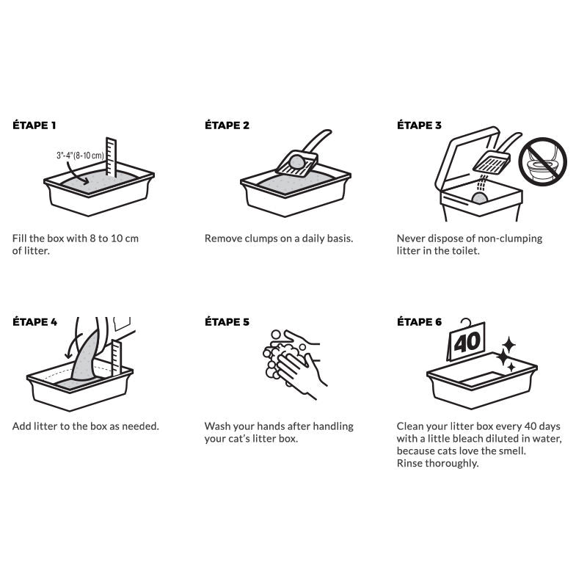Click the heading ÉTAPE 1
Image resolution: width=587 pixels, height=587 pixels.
(x=34, y=125)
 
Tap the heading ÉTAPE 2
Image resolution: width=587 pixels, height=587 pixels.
(x=227, y=125)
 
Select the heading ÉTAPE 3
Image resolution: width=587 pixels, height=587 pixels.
(x=419, y=125)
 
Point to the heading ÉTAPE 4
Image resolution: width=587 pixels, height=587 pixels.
(x=34, y=322)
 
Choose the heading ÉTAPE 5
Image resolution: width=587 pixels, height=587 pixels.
(x=227, y=322)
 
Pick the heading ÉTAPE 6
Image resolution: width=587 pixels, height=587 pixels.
(x=419, y=322)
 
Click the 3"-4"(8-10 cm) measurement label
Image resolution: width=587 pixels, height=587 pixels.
(x=80, y=156)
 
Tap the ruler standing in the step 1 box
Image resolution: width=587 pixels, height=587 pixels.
(x=111, y=157)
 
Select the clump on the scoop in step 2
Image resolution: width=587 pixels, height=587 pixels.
(x=297, y=161)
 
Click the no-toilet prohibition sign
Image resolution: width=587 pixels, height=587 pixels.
(x=542, y=161)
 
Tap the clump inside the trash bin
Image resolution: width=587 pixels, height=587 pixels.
(x=480, y=198)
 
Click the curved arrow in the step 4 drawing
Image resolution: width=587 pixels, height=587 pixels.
(x=71, y=346)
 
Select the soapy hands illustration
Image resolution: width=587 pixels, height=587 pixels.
(x=295, y=364)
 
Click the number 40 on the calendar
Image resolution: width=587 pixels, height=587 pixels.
(x=467, y=342)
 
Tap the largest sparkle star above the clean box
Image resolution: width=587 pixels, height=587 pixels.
(x=503, y=357)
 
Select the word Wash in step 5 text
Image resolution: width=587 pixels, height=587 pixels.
(x=217, y=426)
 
